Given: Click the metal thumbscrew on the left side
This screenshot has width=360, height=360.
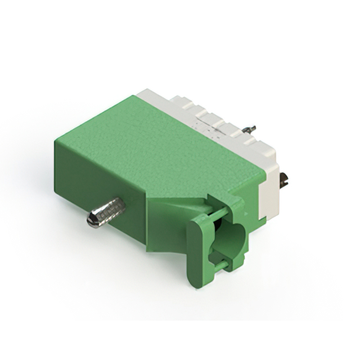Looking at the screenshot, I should [107, 211].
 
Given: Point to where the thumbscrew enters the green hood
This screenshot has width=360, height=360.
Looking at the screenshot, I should [121, 204].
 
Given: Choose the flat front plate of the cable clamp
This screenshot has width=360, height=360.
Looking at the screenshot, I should [197, 247].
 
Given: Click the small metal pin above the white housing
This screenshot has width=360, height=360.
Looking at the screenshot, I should [252, 129].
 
